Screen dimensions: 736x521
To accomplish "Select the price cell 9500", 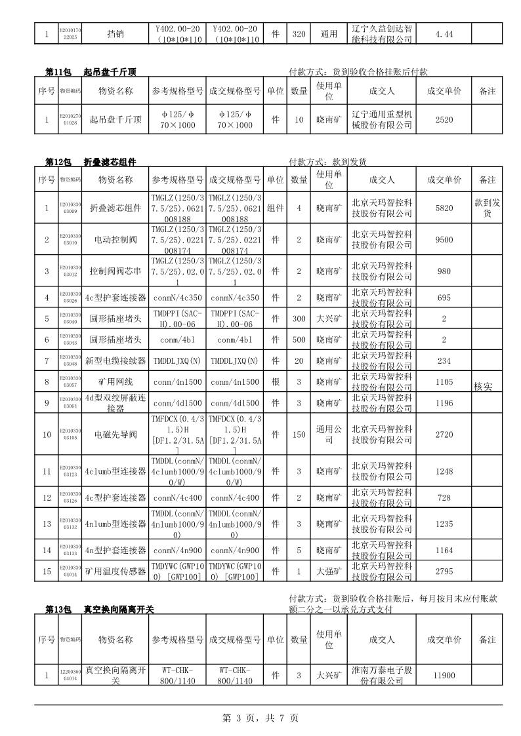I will (444, 240).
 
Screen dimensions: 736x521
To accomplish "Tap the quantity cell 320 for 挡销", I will (299, 34).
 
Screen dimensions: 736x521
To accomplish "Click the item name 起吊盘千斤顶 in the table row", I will (115, 120).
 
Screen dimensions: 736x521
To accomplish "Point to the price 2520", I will (444, 120).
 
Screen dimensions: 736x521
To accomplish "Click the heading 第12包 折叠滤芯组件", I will (91, 162).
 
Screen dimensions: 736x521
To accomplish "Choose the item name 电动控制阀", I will (115, 240).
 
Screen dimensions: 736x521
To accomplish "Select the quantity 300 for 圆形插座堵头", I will (299, 319).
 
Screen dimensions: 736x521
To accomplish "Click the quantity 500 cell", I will (299, 339).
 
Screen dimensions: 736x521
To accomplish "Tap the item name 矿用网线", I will (115, 381).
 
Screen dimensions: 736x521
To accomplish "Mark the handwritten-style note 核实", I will (483, 387).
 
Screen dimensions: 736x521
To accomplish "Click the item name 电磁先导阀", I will (115, 435).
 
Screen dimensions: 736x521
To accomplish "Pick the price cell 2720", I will (444, 435).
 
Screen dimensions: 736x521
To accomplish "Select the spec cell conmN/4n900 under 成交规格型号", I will (235, 551).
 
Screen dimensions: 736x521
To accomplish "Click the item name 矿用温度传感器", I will (115, 571).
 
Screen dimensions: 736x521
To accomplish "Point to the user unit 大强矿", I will (329, 571).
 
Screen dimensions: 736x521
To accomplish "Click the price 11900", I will (444, 675).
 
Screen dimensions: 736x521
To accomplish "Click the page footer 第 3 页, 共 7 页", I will (260, 718).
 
